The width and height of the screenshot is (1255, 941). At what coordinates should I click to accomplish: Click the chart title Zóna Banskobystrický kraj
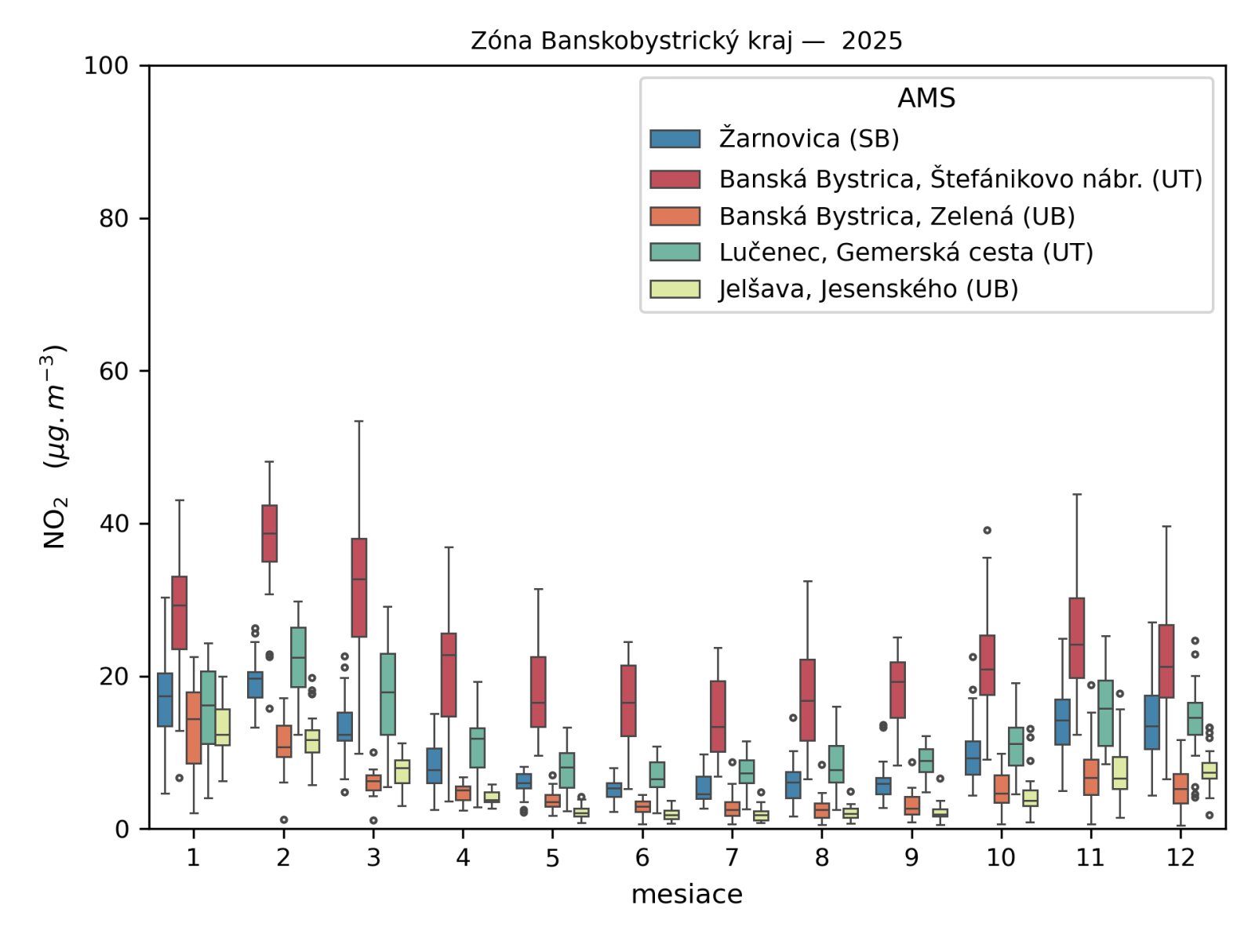pos(686,41)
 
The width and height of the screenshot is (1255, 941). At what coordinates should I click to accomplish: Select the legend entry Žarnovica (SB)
pos(809,139)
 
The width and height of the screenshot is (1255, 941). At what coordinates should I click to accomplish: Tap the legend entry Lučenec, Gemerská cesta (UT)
pos(906,253)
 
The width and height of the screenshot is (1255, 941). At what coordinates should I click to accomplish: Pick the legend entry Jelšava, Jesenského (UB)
pos(868,289)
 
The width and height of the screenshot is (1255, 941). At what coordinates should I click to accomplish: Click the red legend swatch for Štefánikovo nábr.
pos(675,180)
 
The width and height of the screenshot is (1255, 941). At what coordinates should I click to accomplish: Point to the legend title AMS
pos(926,99)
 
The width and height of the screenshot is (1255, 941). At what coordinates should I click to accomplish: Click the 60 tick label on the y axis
pos(114,371)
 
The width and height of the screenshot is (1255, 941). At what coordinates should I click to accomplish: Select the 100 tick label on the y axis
pos(107,66)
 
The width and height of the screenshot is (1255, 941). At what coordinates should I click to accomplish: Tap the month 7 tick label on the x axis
pos(732,858)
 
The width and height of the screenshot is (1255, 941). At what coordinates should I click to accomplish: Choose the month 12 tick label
pos(1180,858)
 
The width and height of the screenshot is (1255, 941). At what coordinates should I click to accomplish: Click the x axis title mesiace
pos(686,895)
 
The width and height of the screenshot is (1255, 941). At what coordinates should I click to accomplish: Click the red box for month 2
pos(269,533)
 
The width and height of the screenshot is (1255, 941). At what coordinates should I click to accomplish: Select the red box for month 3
pos(359,587)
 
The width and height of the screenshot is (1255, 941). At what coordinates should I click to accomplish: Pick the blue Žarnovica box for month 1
pos(165,699)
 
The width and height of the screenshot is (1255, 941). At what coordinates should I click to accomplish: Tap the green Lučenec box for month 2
pos(298,657)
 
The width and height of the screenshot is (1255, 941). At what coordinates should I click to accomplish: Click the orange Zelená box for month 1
pos(194,728)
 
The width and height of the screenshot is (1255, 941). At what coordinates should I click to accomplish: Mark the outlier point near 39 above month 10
pos(987,531)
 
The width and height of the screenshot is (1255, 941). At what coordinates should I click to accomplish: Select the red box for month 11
pos(1076,638)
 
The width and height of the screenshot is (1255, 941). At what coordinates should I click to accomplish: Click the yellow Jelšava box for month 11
pos(1120,772)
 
